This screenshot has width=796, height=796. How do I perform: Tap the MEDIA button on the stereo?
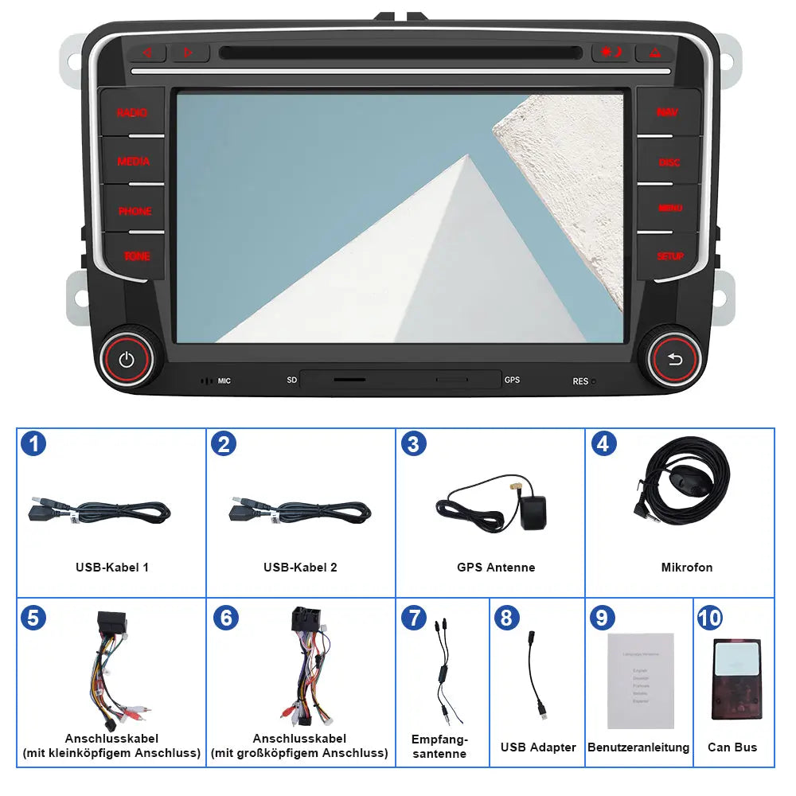click(x=133, y=162)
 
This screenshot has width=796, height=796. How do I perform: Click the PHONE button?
click(x=135, y=211)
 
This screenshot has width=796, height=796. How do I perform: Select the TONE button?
click(x=136, y=256)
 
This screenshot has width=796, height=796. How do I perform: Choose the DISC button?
click(x=669, y=162)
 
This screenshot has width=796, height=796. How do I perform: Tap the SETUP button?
click(x=670, y=256)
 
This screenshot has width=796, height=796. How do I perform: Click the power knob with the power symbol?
click(x=126, y=359)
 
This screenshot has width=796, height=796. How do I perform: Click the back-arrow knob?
click(x=675, y=360)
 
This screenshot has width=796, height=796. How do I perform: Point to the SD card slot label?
click(x=292, y=380)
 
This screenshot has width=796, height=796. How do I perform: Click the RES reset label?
click(x=581, y=382)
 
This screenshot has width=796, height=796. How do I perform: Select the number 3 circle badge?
click(x=412, y=443)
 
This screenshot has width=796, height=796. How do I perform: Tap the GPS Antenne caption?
click(x=496, y=568)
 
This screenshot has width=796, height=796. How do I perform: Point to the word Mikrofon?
click(x=687, y=568)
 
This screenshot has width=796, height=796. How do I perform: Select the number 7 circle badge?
click(x=413, y=618)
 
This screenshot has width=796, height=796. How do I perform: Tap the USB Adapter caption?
click(x=538, y=747)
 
